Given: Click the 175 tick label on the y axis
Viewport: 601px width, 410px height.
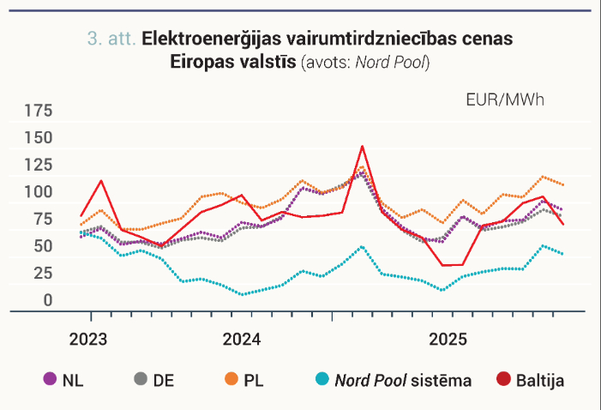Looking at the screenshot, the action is [x=39, y=111].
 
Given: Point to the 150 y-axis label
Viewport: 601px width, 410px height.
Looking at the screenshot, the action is [x=39, y=138].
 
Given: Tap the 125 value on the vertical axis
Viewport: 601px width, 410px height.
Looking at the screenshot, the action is [x=39, y=166].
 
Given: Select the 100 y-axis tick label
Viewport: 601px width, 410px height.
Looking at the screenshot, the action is [x=39, y=192].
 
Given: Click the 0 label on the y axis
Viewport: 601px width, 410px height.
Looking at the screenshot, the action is [x=48, y=300].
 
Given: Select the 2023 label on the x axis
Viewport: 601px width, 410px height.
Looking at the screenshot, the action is [x=88, y=340].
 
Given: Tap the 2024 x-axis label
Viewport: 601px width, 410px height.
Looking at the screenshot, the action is [x=242, y=340].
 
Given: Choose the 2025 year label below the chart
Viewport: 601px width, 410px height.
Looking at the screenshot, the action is [x=448, y=340].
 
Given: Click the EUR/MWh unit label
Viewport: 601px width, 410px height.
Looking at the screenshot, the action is [x=505, y=100].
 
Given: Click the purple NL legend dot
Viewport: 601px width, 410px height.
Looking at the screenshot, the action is [x=50, y=379].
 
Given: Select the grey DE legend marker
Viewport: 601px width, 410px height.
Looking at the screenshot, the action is [x=141, y=379].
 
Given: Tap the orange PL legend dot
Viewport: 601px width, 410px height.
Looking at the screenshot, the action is [x=231, y=379].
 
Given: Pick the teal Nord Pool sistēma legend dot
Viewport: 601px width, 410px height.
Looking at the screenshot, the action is [x=322, y=379].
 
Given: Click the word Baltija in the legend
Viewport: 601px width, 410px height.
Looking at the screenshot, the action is [x=540, y=381].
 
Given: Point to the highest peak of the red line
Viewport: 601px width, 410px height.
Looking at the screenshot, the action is [x=362, y=146].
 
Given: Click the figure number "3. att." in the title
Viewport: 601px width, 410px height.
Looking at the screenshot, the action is [x=111, y=39].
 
